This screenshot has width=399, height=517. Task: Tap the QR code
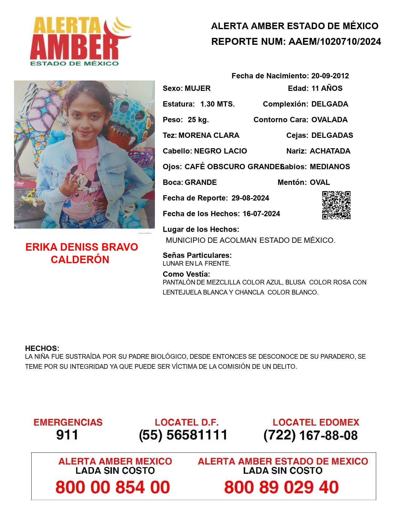tap(336, 205)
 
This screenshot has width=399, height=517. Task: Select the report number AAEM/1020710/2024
tap(335, 42)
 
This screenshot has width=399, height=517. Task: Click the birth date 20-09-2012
tap(330, 76)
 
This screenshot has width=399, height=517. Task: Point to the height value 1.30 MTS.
tap(217, 104)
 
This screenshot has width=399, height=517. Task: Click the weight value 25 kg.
tap(198, 120)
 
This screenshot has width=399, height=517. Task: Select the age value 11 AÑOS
tap(327, 88)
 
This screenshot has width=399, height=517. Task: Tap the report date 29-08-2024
tap(250, 198)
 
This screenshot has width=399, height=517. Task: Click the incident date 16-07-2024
tap(261, 214)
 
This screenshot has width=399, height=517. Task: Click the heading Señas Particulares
tap(197, 255)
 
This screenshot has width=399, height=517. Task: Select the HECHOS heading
tap(42, 348)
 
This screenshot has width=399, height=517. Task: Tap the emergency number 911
tap(67, 435)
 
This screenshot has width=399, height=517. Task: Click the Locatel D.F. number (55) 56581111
tap(183, 435)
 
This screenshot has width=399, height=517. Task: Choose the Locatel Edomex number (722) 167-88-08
tap(310, 435)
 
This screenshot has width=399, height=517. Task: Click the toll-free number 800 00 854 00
tap(113, 487)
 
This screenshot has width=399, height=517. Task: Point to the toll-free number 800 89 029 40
tap(281, 487)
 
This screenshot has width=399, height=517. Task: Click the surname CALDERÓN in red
tap(80, 259)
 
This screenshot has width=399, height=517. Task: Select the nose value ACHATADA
tap(330, 151)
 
